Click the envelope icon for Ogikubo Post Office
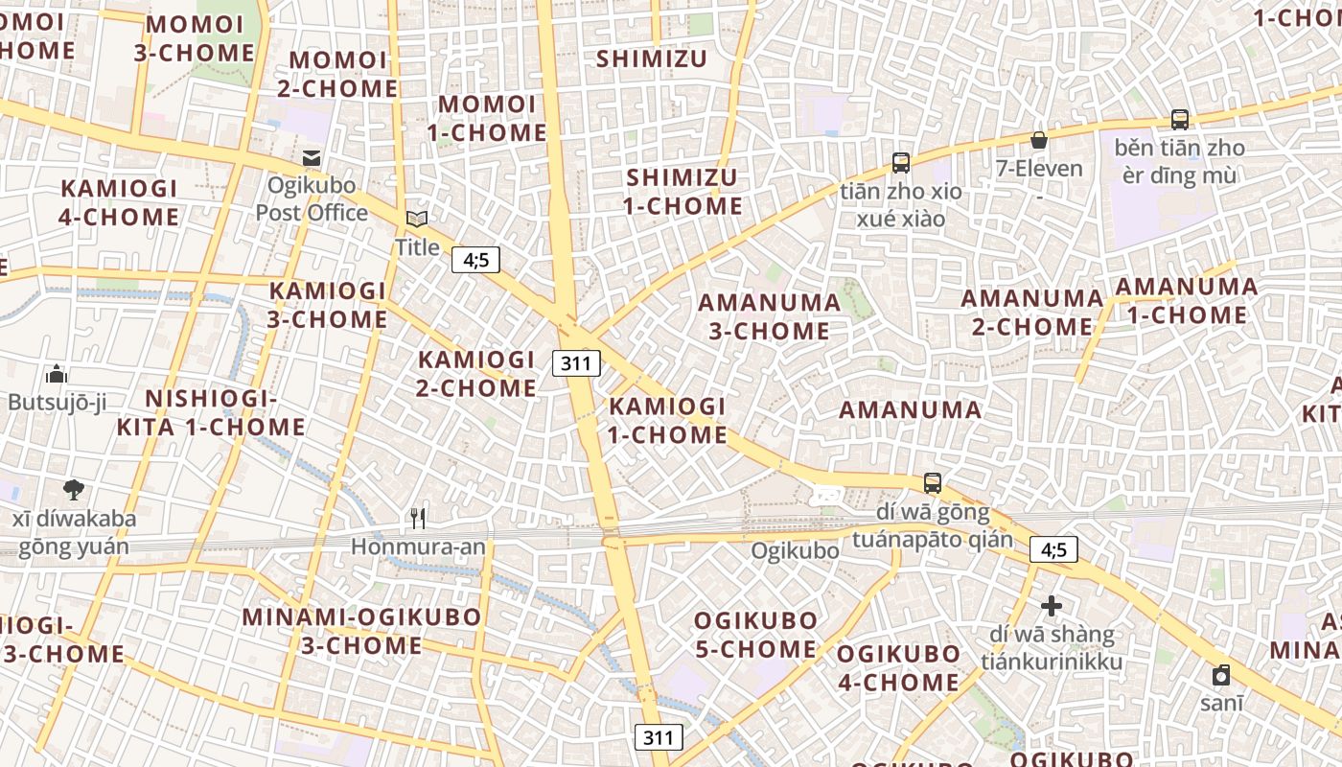click(x=312, y=157)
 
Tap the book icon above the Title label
click(x=417, y=220)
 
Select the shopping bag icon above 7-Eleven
click(x=1039, y=141)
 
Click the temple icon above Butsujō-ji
click(x=57, y=374)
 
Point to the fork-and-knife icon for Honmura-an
click(x=417, y=519)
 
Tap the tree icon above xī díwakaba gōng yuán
click(x=73, y=490)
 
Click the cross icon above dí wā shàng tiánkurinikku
click(x=1052, y=606)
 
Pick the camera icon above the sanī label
click(x=1220, y=675)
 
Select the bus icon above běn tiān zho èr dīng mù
click(x=1179, y=120)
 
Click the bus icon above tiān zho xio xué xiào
click(x=900, y=163)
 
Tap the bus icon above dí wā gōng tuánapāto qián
click(x=932, y=483)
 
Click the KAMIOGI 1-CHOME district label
click(x=668, y=420)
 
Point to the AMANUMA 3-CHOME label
click(x=769, y=316)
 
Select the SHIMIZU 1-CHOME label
click(x=683, y=192)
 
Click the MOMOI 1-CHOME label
click(x=487, y=118)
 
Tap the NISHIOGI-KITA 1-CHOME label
click(x=211, y=412)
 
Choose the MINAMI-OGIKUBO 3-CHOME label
click(x=361, y=630)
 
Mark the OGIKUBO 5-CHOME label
click(x=755, y=635)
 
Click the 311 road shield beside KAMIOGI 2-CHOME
click(x=576, y=363)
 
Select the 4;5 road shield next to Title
click(x=475, y=260)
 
